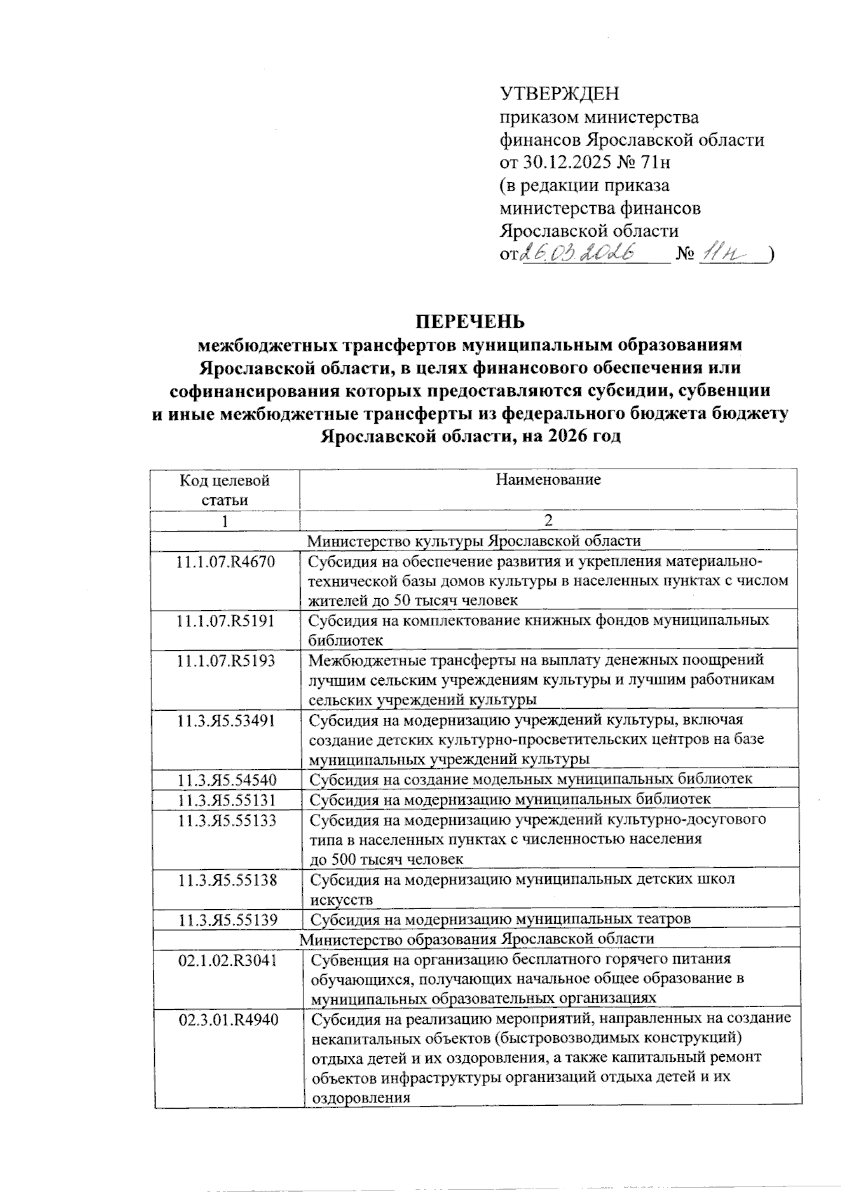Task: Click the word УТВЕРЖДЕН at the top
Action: (x=559, y=93)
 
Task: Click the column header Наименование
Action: (x=548, y=480)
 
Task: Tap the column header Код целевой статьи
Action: (x=225, y=490)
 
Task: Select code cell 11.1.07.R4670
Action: (x=226, y=562)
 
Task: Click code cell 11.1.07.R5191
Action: (x=226, y=621)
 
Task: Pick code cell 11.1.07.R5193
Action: (x=226, y=660)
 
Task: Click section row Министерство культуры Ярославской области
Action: (x=474, y=541)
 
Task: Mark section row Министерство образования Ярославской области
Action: (x=477, y=938)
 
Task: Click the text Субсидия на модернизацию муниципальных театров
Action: (x=500, y=919)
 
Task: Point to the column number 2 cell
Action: (x=548, y=520)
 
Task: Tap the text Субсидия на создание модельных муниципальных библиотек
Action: (x=531, y=779)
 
